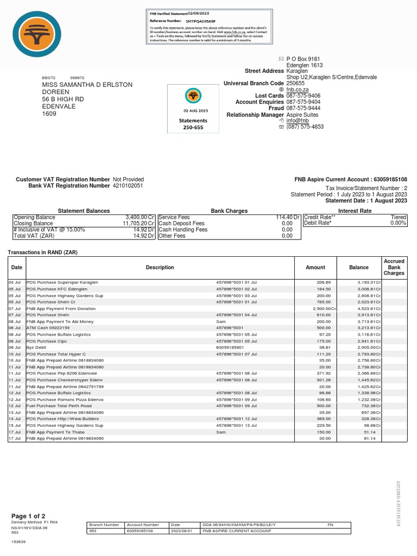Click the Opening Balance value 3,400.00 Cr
139,217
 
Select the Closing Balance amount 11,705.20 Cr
138,223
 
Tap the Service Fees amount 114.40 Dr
288,217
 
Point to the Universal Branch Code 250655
295,83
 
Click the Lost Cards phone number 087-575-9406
303,96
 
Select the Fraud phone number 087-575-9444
303,108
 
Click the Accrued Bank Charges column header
394,267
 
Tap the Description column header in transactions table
160,267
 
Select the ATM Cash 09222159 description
48,328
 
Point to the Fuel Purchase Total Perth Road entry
59,406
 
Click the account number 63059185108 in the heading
387,179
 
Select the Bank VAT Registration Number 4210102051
128,186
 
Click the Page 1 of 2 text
28,516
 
